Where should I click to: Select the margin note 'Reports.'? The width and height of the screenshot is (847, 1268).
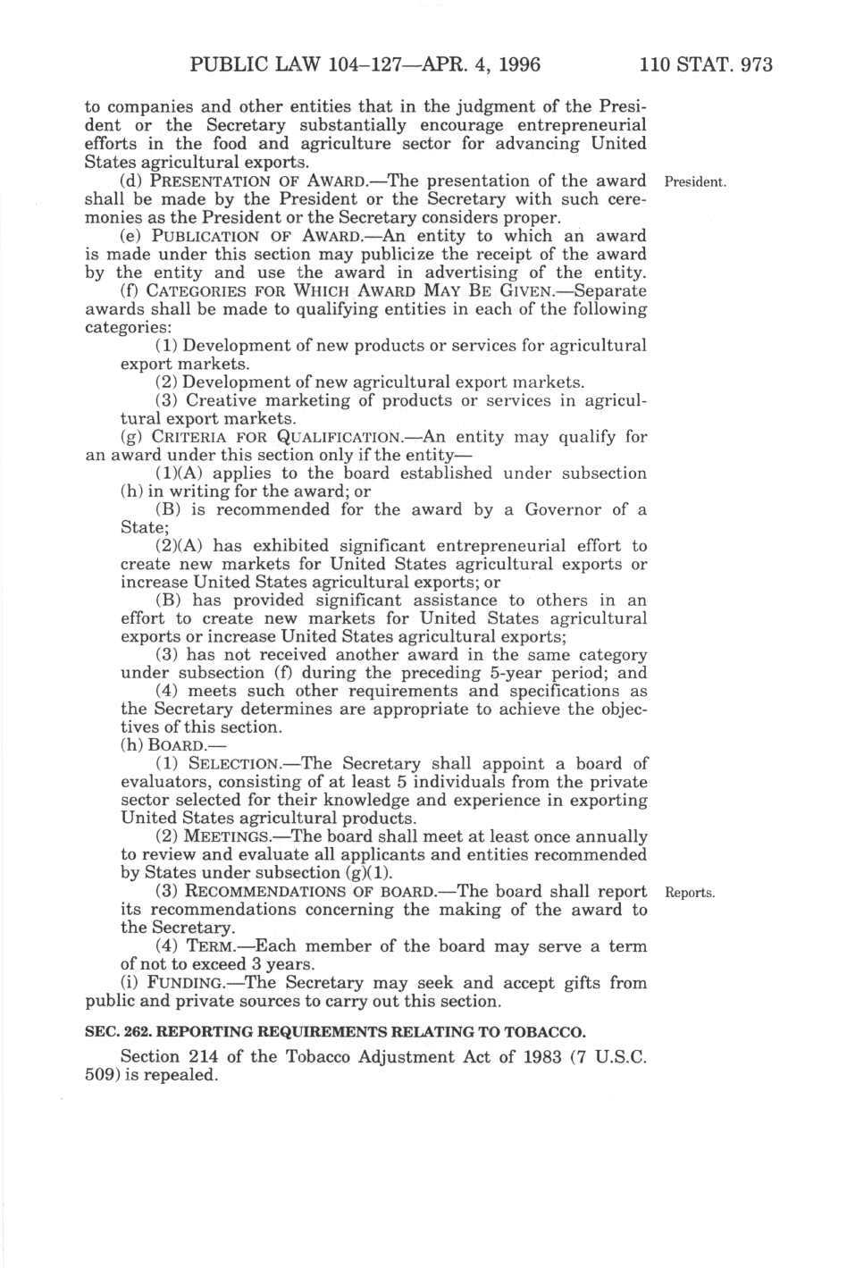pyautogui.click(x=692, y=893)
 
